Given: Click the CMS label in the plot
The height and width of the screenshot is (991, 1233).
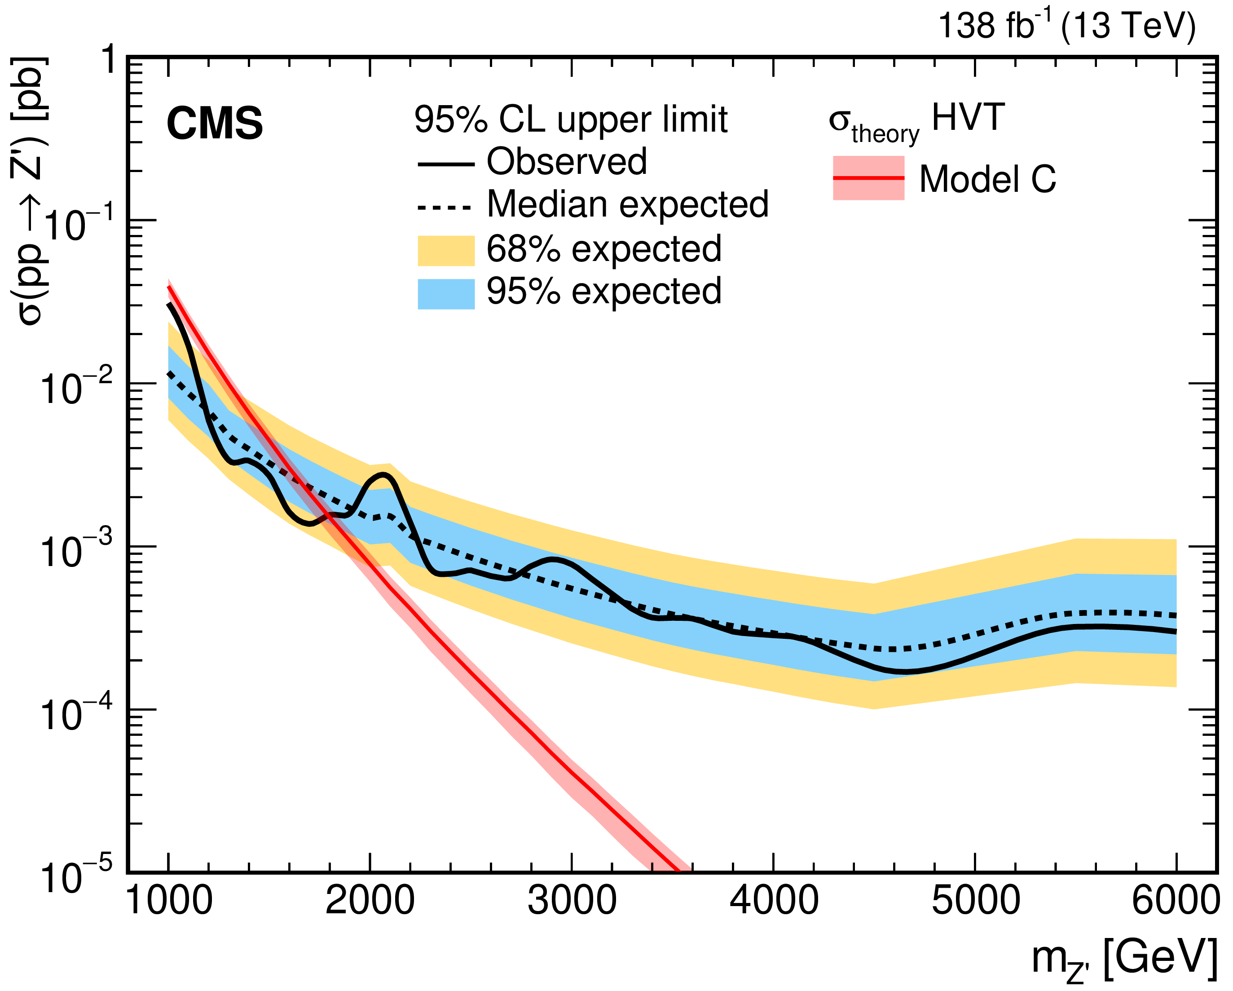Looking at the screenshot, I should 215,124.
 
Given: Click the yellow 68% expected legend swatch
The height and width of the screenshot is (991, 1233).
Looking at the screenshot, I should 446,251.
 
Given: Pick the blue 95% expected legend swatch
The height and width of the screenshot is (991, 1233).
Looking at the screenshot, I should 446,293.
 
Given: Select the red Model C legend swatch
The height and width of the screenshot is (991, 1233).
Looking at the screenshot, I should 868,178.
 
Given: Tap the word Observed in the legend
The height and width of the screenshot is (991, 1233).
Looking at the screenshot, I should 566,162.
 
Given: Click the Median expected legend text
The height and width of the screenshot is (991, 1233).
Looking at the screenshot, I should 627,204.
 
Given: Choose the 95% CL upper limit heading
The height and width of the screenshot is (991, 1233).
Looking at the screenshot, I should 571,119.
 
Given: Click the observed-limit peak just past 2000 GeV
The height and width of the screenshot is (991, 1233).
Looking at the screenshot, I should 384,474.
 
